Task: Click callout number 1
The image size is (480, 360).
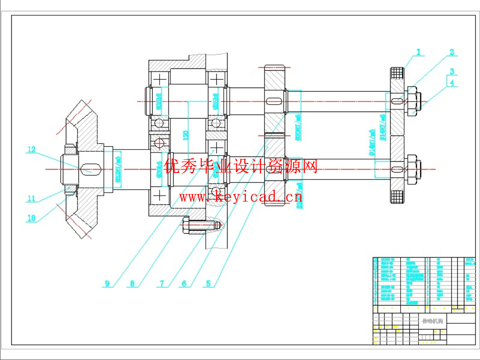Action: click(x=419, y=52)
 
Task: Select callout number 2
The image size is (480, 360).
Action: click(x=452, y=52)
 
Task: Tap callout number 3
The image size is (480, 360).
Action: click(x=452, y=71)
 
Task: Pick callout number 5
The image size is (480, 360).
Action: click(x=208, y=284)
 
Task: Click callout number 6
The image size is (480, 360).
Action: click(x=184, y=284)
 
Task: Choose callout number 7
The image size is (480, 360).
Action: click(x=162, y=284)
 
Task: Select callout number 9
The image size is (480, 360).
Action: click(x=107, y=284)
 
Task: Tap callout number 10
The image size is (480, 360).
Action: click(x=31, y=218)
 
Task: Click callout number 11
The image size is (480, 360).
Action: click(x=31, y=199)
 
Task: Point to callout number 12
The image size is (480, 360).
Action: click(x=31, y=150)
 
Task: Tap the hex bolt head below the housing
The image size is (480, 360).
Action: click(x=186, y=226)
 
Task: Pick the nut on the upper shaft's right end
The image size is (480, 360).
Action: click(x=413, y=101)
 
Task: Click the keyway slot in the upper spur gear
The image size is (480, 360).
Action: click(x=275, y=101)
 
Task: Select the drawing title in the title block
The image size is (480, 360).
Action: click(x=432, y=321)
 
